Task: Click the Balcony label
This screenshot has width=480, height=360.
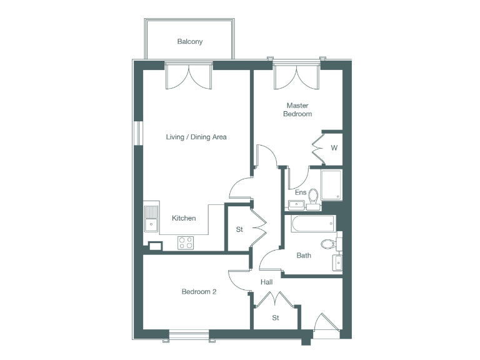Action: (x=189, y=42)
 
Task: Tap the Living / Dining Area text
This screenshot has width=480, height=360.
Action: (x=196, y=137)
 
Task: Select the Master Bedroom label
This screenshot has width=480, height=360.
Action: (x=297, y=110)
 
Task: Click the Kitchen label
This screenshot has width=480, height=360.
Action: (x=184, y=218)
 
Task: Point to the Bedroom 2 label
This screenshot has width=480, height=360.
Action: (x=199, y=291)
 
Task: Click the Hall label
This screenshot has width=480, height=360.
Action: (x=267, y=282)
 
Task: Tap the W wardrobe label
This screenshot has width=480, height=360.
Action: (x=334, y=148)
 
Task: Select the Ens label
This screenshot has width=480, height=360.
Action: (x=300, y=192)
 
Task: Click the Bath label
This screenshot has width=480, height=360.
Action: (x=304, y=255)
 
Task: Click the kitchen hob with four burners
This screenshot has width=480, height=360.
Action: (x=185, y=242)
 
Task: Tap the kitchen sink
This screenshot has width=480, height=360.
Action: (x=151, y=219)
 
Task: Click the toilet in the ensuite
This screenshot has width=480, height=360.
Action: (x=313, y=197)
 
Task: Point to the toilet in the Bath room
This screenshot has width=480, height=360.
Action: (x=328, y=244)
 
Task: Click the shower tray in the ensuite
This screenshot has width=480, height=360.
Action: (x=331, y=185)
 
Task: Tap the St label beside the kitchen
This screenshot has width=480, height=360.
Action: (x=239, y=229)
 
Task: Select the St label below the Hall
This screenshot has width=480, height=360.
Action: (x=275, y=318)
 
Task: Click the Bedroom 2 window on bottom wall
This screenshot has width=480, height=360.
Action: (x=189, y=336)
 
